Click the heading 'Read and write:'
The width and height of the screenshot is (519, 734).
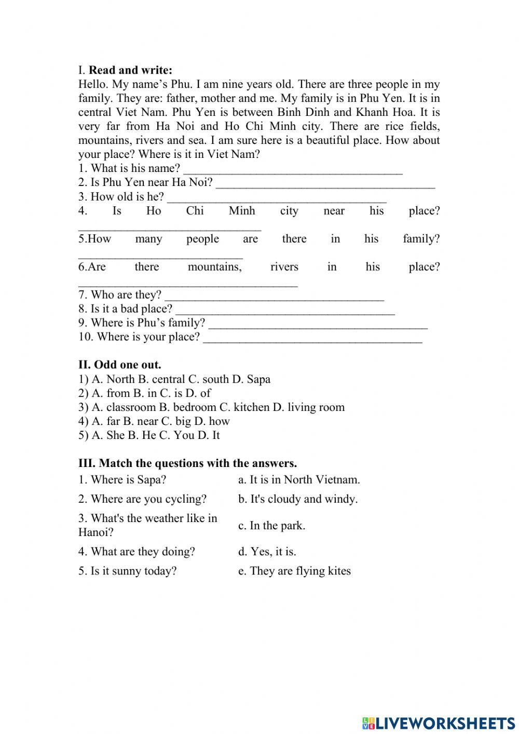[130, 70]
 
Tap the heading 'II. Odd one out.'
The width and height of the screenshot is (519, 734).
[120, 365]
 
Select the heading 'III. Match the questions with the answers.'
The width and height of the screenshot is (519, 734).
[188, 463]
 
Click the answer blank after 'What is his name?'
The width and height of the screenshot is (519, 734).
[293, 169]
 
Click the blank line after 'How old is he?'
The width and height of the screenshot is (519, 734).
[277, 197]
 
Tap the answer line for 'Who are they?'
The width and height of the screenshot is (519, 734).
[274, 296]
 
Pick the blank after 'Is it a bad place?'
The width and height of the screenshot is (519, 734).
[285, 310]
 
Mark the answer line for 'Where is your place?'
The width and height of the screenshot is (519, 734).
[312, 338]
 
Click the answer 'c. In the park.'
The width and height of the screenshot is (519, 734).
[271, 525]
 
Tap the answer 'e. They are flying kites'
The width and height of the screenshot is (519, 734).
[294, 571]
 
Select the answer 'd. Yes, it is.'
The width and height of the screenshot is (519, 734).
[267, 552]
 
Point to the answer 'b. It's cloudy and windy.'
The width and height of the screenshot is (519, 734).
[298, 499]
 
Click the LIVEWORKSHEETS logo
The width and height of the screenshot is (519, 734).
[439, 723]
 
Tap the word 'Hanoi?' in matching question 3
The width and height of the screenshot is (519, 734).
[96, 532]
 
